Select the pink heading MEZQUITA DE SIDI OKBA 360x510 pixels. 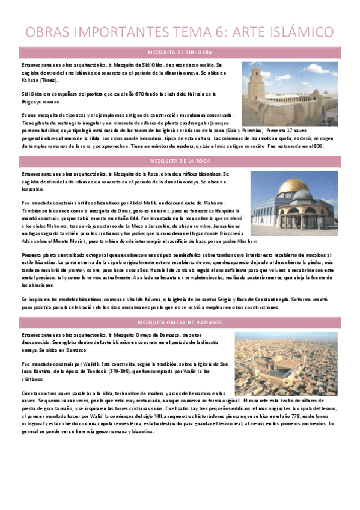point(180,52)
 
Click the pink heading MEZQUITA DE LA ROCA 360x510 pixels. point(180,161)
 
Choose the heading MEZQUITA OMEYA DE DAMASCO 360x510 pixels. point(180,322)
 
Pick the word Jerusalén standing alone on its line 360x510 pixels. point(30,188)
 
